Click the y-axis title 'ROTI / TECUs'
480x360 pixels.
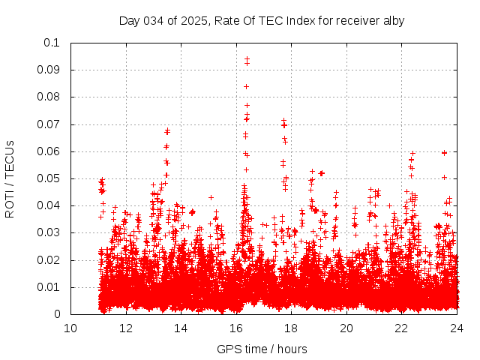(x=10, y=178)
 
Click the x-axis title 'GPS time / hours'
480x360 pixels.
(x=262, y=349)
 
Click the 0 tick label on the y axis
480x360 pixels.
(x=57, y=314)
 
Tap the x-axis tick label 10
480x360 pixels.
(x=70, y=328)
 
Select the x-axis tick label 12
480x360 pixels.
(x=126, y=328)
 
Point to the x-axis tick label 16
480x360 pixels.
(x=236, y=328)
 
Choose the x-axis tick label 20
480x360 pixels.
(x=346, y=328)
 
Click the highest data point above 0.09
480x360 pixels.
(x=247, y=58)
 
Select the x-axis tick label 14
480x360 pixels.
(x=181, y=328)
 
